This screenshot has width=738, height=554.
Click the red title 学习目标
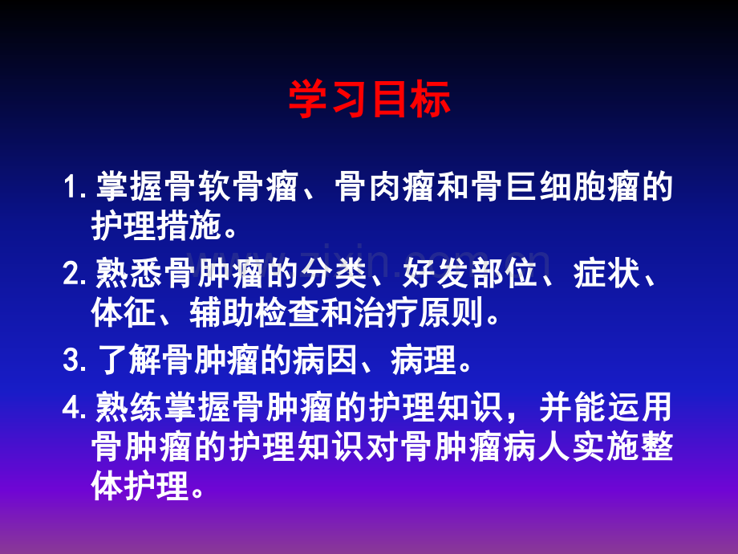[x=369, y=100]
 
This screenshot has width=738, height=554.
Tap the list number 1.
[x=75, y=189]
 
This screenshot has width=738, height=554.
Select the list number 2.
[x=75, y=275]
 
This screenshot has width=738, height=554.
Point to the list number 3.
[x=75, y=361]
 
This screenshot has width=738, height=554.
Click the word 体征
[x=124, y=314]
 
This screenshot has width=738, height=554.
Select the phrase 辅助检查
[x=253, y=314]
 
